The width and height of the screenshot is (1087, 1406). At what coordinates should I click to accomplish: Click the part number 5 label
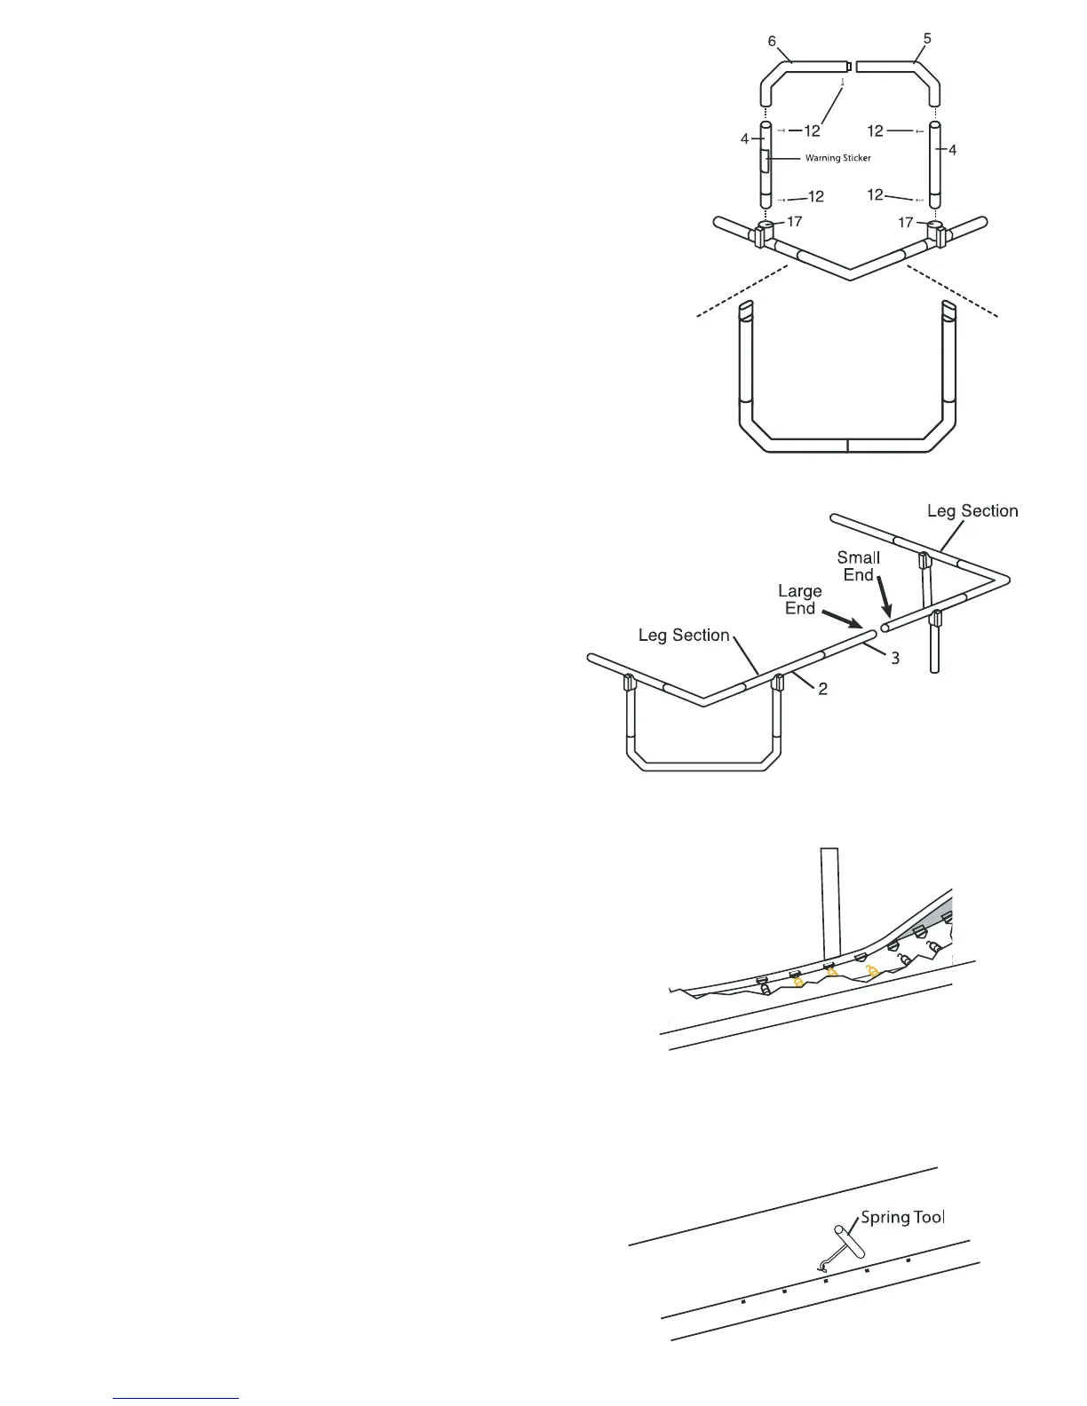927,39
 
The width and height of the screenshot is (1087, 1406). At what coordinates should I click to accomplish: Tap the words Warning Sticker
837,158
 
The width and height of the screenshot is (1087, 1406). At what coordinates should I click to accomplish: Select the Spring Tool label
902,1217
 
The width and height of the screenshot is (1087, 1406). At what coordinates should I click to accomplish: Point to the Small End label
859,565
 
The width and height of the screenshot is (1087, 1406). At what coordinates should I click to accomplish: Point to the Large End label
799,599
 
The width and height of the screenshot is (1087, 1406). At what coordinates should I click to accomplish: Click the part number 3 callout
895,658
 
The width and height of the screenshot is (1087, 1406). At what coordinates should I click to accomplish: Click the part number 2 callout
823,688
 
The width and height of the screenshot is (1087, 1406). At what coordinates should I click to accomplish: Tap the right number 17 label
906,223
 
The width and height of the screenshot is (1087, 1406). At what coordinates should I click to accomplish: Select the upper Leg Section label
972,510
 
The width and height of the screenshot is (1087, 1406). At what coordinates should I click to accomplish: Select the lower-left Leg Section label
684,636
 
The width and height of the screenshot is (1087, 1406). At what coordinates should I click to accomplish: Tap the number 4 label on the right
952,151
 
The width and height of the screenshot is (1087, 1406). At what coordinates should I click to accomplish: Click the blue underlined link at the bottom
177,1398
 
